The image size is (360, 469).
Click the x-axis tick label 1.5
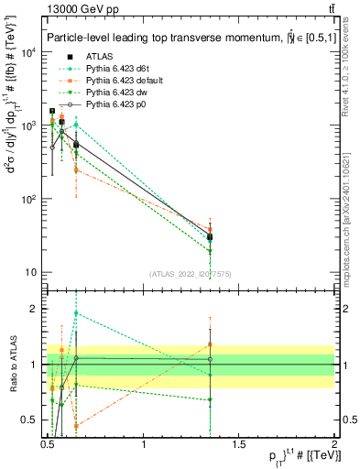pyautogui.click(x=239, y=444)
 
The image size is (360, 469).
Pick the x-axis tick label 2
pyautogui.click(x=334, y=444)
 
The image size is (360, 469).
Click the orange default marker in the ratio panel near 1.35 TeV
pyautogui.click(x=210, y=344)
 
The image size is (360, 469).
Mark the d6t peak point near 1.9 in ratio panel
pyautogui.click(x=76, y=313)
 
